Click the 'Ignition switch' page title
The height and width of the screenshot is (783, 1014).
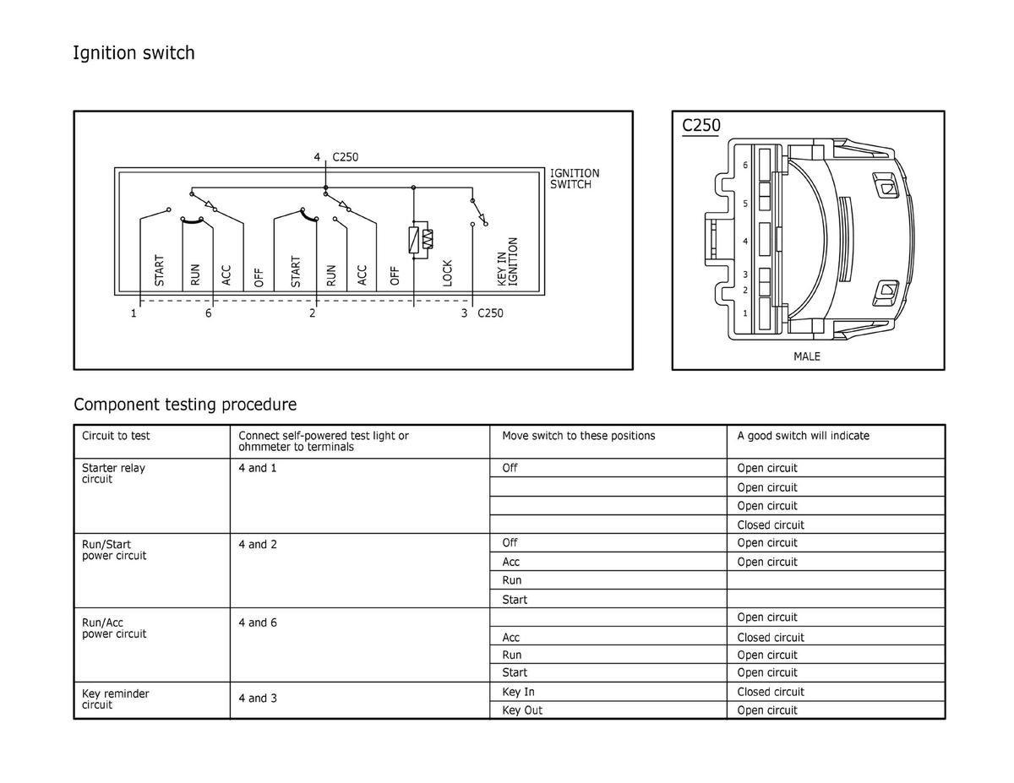[x=134, y=52]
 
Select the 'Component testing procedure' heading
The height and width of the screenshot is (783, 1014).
[x=185, y=404]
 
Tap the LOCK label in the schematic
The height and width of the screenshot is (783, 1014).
[x=447, y=273]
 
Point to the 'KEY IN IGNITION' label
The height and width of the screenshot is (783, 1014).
[x=507, y=262]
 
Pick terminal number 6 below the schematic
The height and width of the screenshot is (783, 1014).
[x=208, y=313]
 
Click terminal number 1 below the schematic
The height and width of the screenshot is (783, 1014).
[x=134, y=313]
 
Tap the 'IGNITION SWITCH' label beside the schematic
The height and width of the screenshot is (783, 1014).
[x=575, y=178]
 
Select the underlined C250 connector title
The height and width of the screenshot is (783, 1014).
[x=701, y=125]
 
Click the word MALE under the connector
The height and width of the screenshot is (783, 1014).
[x=807, y=356]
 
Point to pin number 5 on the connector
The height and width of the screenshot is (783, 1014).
[x=745, y=204]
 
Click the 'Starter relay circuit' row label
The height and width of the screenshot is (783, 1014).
[x=113, y=473]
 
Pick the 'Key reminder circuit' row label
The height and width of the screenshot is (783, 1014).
[x=115, y=699]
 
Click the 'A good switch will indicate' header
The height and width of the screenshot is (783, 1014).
[x=803, y=436]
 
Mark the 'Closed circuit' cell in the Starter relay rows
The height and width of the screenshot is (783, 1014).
[x=771, y=525]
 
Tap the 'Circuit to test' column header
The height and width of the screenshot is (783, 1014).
[x=116, y=436]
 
